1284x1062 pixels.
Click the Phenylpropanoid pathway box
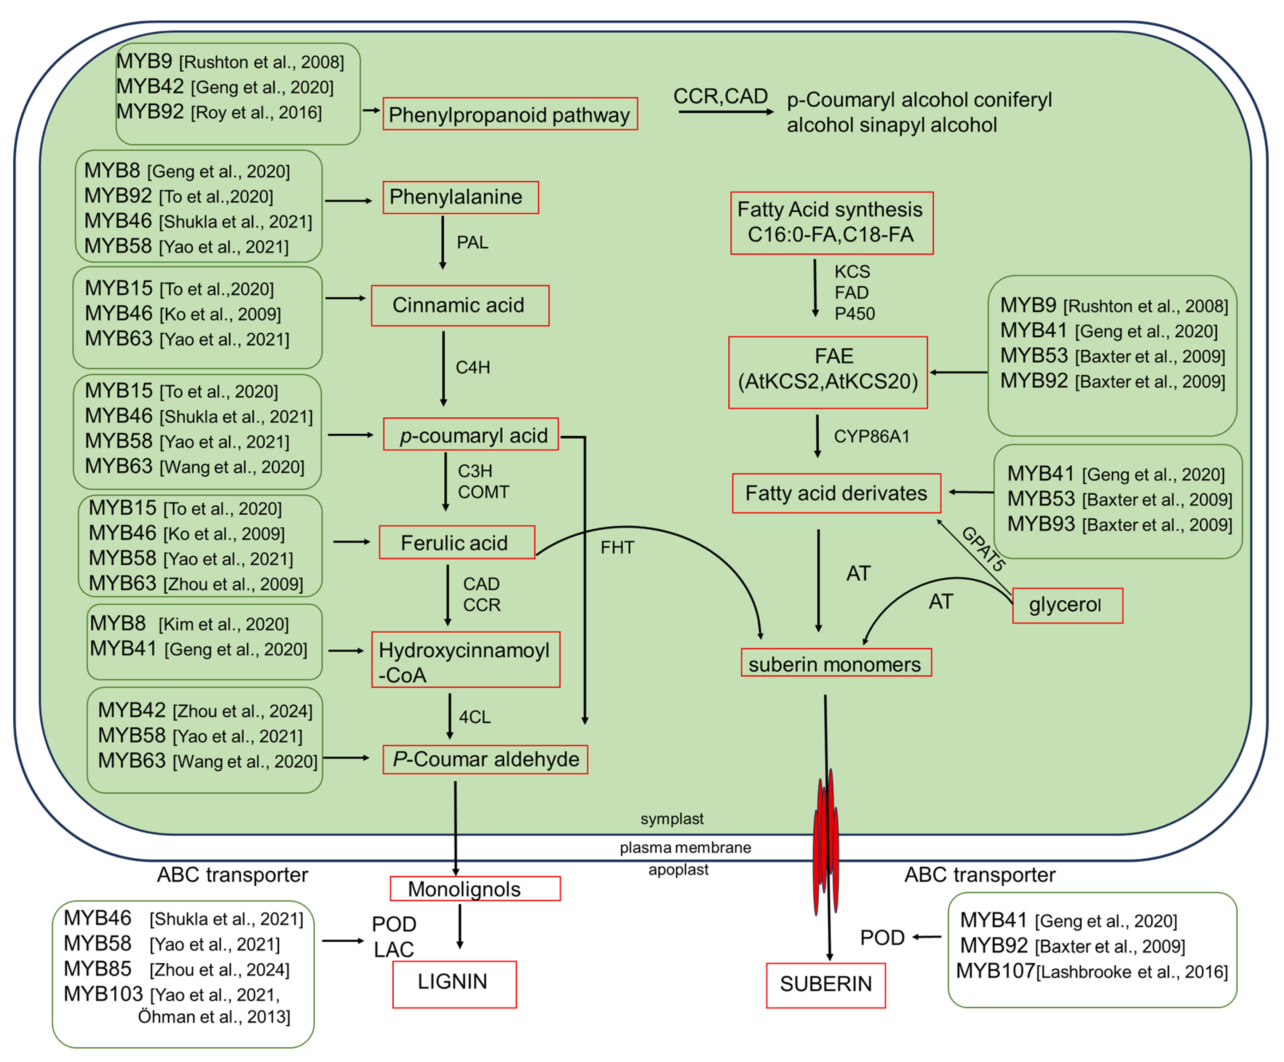pyautogui.click(x=510, y=114)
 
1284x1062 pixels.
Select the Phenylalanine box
pyautogui.click(x=460, y=197)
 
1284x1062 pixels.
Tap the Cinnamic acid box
pyautogui.click(x=460, y=305)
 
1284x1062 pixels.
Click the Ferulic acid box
pyautogui.click(x=457, y=542)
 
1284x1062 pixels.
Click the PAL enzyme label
pyautogui.click(x=473, y=243)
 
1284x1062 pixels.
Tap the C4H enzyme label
pyautogui.click(x=473, y=367)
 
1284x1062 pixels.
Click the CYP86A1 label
pyautogui.click(x=871, y=436)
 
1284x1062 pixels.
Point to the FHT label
pyautogui.click(x=617, y=547)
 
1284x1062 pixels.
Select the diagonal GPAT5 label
pyautogui.click(x=982, y=548)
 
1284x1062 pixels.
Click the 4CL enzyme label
pyautogui.click(x=474, y=717)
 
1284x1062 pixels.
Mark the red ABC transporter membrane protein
pyautogui.click(x=826, y=844)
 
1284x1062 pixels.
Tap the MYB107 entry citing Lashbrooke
pyautogui.click(x=1091, y=971)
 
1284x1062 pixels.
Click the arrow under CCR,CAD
pyautogui.click(x=725, y=112)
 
